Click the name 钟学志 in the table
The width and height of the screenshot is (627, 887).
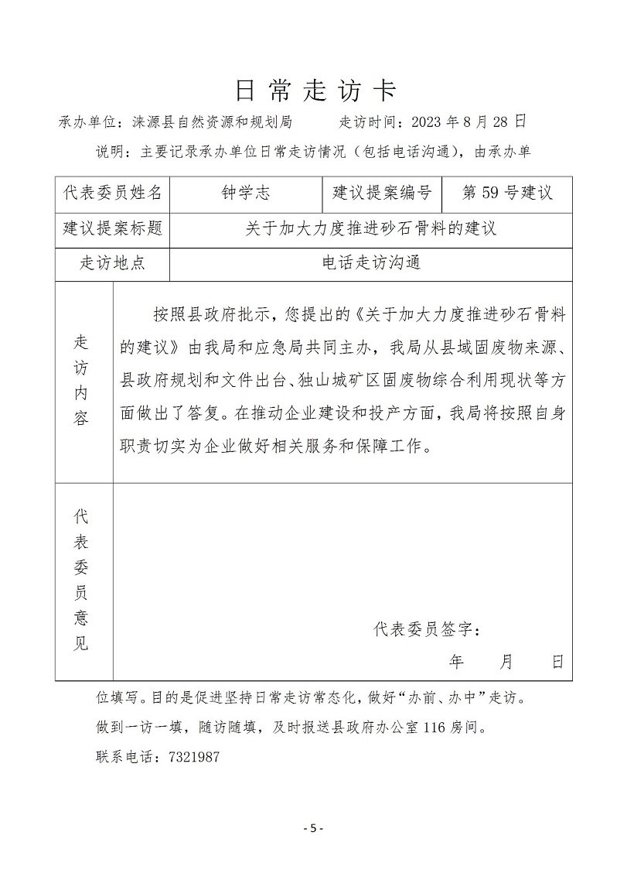click(246, 193)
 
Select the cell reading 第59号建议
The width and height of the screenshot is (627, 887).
click(506, 193)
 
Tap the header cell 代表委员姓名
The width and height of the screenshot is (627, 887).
click(113, 193)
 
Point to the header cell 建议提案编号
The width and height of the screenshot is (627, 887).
click(381, 193)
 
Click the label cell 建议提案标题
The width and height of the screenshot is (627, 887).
click(113, 229)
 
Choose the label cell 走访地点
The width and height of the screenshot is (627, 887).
click(113, 263)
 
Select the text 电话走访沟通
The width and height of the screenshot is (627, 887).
click(371, 263)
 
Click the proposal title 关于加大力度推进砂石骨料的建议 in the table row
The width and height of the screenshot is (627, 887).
click(371, 229)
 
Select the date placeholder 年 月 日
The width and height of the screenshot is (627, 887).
click(506, 662)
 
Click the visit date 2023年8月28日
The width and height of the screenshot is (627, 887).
click(469, 122)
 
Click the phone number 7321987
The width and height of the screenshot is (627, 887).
click(193, 758)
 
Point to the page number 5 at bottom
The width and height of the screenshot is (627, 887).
click(313, 829)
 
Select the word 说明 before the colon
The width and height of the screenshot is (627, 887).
click(107, 151)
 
